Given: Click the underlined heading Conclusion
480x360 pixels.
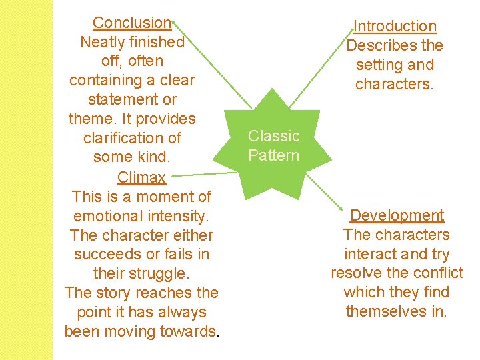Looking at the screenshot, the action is [x=132, y=23].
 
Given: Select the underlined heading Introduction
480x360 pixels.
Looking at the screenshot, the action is [x=395, y=27].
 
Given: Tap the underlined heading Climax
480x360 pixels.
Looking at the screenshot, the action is [x=141, y=177].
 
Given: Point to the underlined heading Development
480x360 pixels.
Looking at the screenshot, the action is [x=397, y=215].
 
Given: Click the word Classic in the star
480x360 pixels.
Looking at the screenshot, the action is [x=274, y=136].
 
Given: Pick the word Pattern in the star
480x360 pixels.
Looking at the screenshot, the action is [x=274, y=155].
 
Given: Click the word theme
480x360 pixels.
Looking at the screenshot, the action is [x=89, y=119].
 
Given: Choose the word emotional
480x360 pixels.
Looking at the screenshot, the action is [x=106, y=216].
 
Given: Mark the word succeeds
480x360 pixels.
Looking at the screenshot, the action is [x=105, y=255].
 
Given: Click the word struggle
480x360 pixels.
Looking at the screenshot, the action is [x=160, y=274].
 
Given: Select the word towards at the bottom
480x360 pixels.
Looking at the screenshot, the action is [x=189, y=331].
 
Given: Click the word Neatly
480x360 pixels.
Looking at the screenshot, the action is [x=103, y=42].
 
